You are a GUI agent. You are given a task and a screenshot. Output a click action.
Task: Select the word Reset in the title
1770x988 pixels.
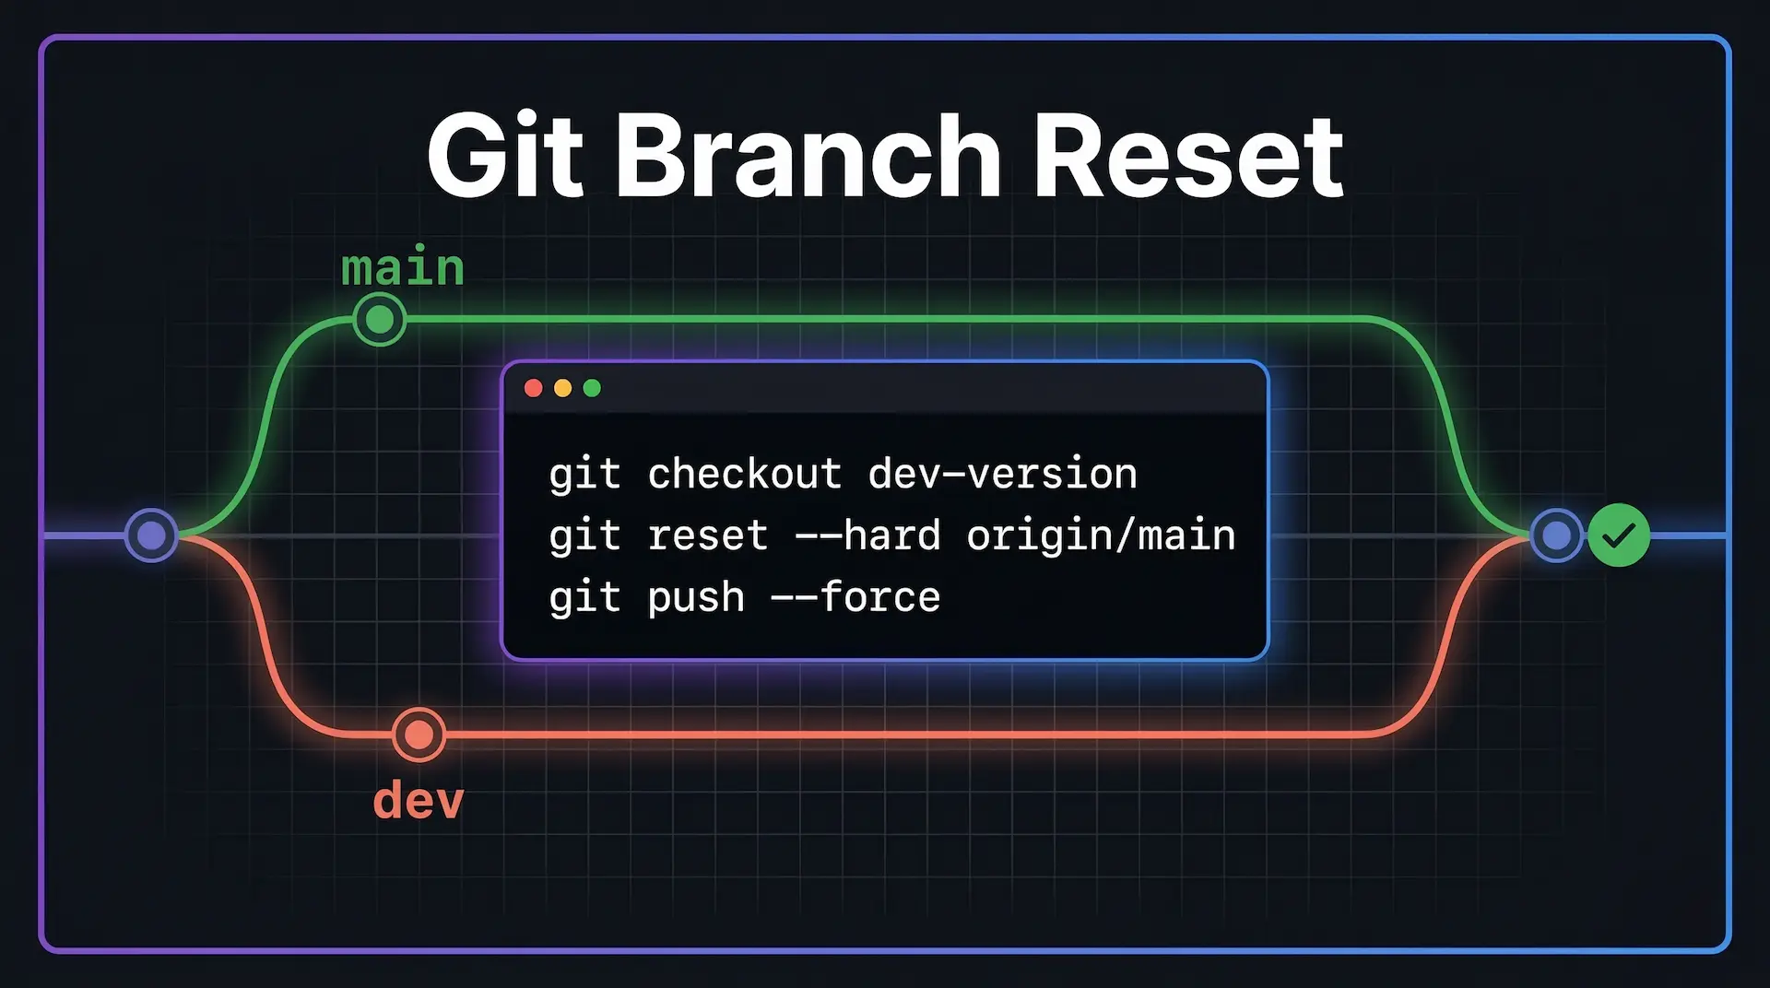coord(1189,156)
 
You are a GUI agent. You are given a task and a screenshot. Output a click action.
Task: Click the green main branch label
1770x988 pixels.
coord(403,268)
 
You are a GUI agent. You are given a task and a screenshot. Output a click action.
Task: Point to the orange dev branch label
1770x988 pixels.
coord(419,799)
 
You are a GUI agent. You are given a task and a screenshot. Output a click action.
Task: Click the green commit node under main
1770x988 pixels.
coord(380,320)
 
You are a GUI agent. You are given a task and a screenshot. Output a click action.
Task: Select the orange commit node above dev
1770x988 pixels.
coord(419,735)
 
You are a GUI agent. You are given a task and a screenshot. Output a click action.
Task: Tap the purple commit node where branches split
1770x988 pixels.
coord(151,535)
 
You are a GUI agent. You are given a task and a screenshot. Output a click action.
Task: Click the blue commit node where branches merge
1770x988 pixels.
coord(1557,535)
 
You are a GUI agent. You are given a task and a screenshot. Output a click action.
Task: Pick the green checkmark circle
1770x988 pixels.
coord(1619,535)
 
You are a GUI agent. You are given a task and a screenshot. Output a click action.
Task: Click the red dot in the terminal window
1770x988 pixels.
coord(533,388)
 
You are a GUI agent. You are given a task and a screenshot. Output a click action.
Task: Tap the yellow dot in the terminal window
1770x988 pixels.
coord(562,388)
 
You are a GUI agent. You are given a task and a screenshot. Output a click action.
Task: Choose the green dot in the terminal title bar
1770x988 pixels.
coord(592,388)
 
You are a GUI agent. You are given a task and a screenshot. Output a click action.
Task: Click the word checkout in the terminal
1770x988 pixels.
coord(744,474)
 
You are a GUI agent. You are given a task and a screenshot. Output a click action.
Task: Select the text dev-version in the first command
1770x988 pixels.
coord(1002,474)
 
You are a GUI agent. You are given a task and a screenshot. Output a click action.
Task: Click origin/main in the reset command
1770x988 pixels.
coord(1101,535)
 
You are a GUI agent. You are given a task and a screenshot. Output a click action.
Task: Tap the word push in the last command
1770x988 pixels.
coord(696,598)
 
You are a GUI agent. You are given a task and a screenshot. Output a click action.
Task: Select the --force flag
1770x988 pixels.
coord(855,597)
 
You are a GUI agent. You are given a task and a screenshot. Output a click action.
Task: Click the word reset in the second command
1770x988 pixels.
coord(707,536)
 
